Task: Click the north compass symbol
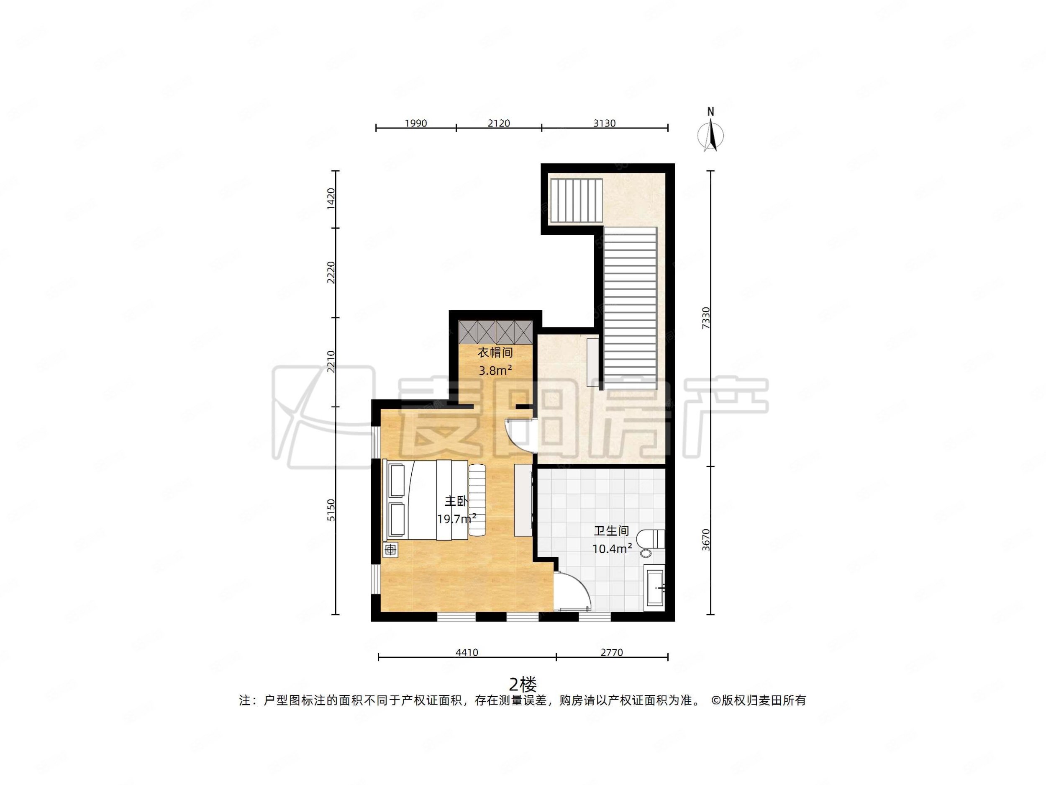(x=710, y=132)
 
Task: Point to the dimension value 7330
(x=706, y=318)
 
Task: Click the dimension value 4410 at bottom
(x=467, y=653)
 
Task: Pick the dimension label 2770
(x=611, y=653)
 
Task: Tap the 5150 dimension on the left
(x=331, y=510)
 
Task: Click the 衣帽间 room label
(x=495, y=353)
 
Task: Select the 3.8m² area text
(x=495, y=371)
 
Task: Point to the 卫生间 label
(x=611, y=531)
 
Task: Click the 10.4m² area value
(x=612, y=549)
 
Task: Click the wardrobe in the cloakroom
(x=495, y=332)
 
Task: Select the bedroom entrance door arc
(x=520, y=436)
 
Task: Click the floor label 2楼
(x=523, y=684)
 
